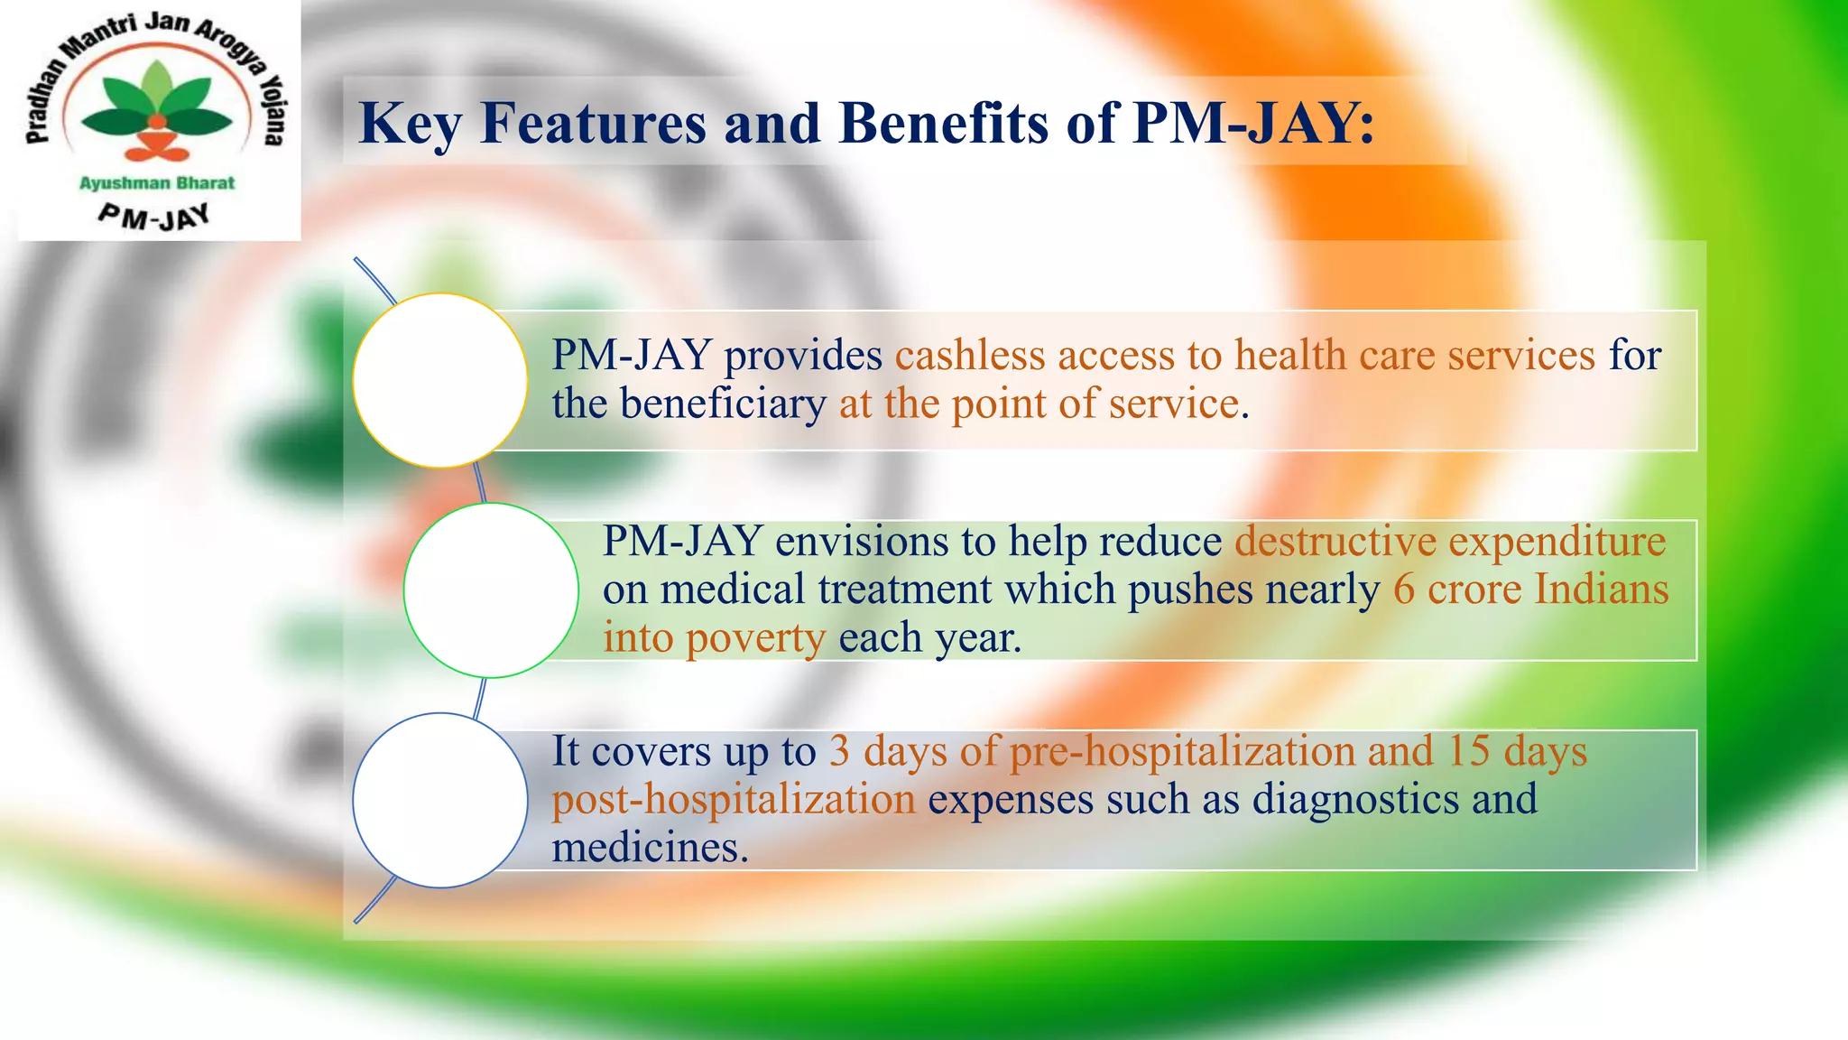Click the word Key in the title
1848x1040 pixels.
(x=411, y=124)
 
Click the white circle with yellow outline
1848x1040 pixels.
(x=439, y=380)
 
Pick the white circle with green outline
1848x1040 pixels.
(x=490, y=590)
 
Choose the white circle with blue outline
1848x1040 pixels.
(x=439, y=801)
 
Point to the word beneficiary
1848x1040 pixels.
(x=722, y=404)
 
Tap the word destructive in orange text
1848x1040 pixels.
(x=1335, y=542)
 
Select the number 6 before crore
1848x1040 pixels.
(x=1403, y=590)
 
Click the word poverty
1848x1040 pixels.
(x=755, y=638)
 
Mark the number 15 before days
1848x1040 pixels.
(x=1468, y=751)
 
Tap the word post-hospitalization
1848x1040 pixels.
(x=733, y=800)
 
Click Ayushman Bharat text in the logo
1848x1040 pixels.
(x=157, y=183)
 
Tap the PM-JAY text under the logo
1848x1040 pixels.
(x=154, y=217)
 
